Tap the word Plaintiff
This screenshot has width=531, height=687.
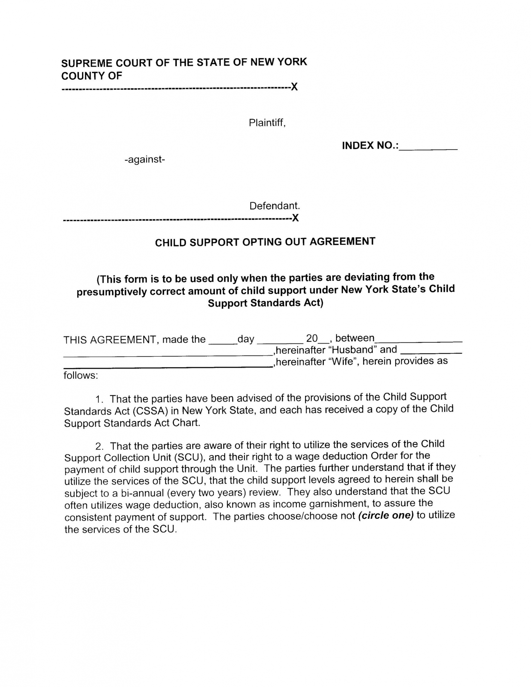267,123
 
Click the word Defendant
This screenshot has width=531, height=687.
274,206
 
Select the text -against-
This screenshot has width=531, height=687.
145,159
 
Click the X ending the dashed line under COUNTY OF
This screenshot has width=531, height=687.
294,87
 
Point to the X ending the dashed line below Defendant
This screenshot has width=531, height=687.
295,218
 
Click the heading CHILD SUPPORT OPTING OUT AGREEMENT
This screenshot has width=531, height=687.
265,242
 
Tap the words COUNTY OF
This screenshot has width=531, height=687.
92,76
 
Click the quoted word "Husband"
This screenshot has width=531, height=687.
352,350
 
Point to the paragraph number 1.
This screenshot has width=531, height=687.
99,400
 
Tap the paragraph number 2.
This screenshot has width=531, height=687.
99,447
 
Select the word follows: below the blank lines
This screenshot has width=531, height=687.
81,375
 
